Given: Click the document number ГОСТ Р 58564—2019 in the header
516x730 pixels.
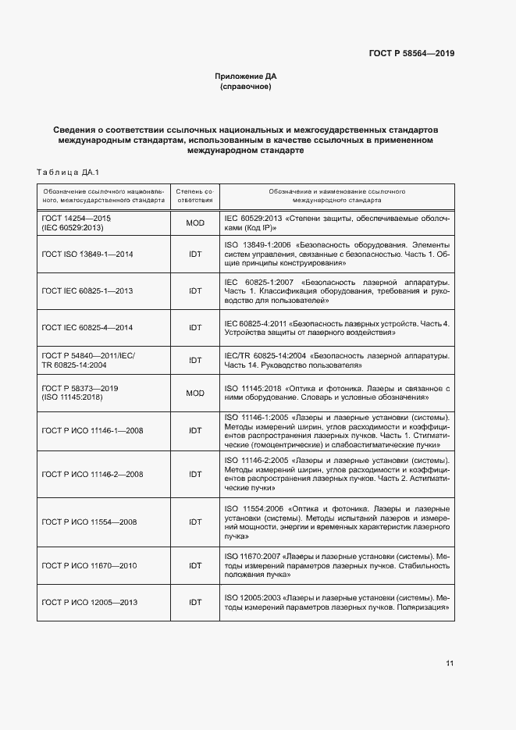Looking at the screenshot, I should pos(411,53).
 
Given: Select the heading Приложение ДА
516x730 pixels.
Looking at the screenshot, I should pos(246,76).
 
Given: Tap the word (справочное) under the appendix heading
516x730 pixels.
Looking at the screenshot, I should pos(246,87).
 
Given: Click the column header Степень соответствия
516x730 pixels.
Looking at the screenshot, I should pos(195,195).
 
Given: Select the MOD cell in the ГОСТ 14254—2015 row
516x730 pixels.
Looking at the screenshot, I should pos(195,223).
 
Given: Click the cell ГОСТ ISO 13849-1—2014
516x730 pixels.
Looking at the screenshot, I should pos(87,255).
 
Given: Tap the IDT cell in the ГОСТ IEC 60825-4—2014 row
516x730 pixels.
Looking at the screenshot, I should pos(195,327).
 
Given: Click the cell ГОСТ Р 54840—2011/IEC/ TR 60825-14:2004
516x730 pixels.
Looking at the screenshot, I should pos(87,360).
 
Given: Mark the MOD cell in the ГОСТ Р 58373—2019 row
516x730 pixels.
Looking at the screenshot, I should pos(195,393).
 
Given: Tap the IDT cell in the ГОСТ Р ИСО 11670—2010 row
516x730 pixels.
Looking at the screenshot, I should pos(195,564).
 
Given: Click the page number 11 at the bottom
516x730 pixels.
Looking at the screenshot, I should pos(450,664).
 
